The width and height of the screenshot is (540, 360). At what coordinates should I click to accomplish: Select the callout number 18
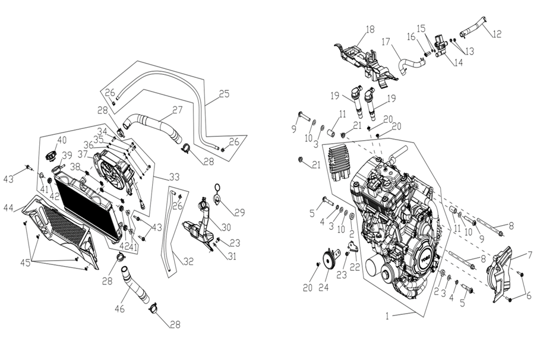370,29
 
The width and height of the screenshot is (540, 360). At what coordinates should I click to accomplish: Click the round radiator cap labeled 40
51,159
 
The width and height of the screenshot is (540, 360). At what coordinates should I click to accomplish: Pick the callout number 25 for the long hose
223,94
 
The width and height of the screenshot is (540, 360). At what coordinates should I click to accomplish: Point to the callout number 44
9,207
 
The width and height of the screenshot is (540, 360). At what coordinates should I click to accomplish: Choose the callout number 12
497,33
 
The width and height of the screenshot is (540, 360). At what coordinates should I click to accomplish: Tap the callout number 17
386,43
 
